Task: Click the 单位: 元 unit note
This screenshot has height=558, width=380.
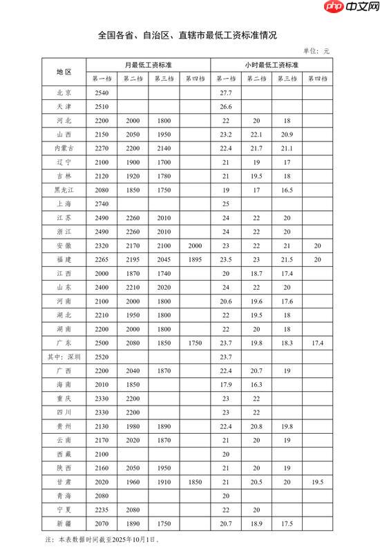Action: pos(317,51)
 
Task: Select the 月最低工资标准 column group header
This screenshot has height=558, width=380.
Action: pos(149,64)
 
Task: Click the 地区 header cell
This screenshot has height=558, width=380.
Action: pos(65,72)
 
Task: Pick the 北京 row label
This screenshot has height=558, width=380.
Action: pos(65,92)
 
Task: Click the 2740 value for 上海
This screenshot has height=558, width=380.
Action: pos(102,204)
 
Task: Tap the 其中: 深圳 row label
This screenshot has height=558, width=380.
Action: pos(64,357)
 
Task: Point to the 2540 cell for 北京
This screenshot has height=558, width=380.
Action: pos(102,92)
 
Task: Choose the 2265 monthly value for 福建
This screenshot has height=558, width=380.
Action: pos(102,260)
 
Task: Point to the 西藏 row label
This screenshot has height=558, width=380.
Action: pos(65,455)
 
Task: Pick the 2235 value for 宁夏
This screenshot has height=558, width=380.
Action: pos(102,511)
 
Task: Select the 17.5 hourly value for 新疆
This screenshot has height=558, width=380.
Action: pos(286,525)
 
